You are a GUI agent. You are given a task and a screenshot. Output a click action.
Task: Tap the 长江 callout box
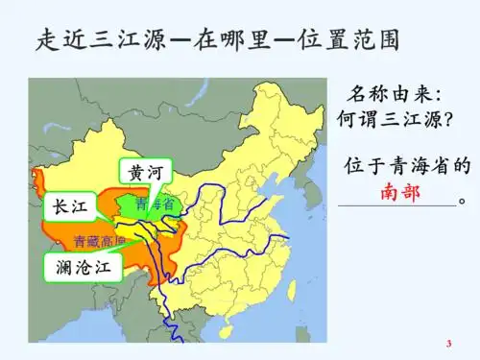[x=68, y=206]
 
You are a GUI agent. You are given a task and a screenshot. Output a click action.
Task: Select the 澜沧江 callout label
[x=84, y=267]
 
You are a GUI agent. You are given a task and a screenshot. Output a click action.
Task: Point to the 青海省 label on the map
[x=154, y=204]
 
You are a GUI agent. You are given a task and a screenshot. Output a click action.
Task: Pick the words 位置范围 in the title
[x=351, y=39]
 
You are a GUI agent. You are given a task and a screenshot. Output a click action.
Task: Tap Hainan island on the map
[x=226, y=332]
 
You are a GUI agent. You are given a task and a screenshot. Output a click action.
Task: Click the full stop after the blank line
[x=464, y=203]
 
